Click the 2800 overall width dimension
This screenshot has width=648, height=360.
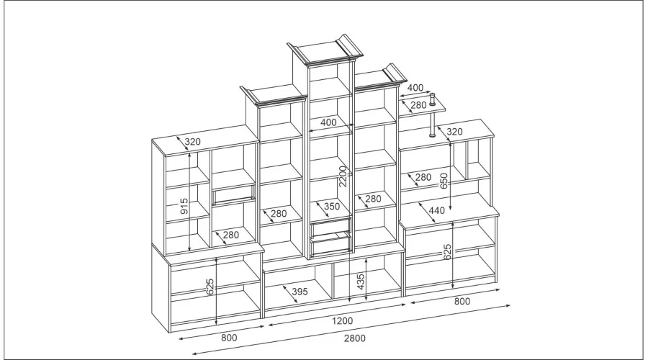pos(355,338)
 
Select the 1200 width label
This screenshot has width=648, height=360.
pos(343,320)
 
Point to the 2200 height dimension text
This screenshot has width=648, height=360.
pos(342,176)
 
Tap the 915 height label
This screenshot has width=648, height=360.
pos(184,206)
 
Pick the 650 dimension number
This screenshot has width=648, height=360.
pos(444,181)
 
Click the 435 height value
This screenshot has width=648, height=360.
pos(361,282)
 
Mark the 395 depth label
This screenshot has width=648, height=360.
pos(300,292)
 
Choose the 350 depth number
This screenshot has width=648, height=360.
pos(332,206)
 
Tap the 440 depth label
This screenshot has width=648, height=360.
pos(437,210)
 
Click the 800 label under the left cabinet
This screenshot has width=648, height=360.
pos(229,338)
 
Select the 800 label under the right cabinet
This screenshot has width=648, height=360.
pos(462,301)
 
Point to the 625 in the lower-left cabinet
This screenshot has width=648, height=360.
pos(210,287)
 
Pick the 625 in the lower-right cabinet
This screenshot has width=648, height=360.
pos(447,252)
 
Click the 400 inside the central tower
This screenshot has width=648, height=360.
pos(328,122)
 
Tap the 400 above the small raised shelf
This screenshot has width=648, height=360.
pos(415,88)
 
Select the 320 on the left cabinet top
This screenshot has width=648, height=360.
pos(192,142)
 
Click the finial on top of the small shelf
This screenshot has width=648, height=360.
pos(433,99)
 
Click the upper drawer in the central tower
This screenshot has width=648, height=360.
pos(332,227)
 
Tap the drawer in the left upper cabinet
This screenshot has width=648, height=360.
pos(233,196)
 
